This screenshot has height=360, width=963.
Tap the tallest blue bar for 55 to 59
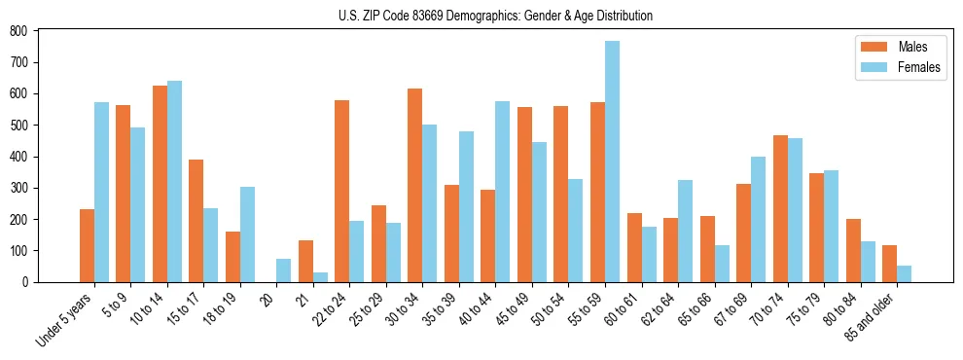tap(612, 162)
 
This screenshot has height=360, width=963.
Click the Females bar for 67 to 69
tap(758, 219)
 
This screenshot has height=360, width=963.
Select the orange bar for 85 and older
tap(889, 264)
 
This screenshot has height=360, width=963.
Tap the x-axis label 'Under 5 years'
tap(65, 319)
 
